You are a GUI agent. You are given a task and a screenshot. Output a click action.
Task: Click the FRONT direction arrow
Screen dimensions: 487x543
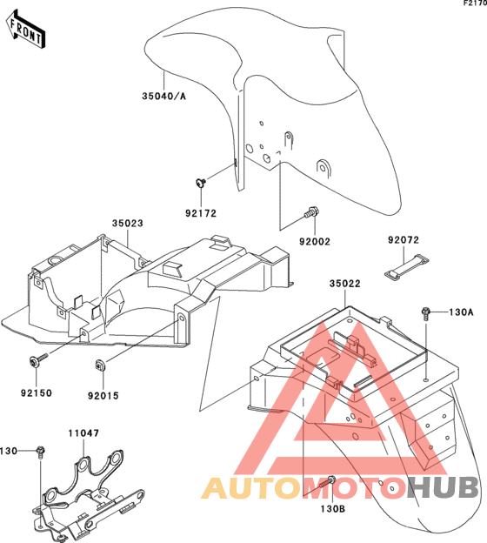click(25, 29)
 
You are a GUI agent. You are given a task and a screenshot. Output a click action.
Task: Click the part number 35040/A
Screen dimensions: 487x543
click(163, 96)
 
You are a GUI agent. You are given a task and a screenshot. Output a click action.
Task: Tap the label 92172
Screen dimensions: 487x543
click(201, 213)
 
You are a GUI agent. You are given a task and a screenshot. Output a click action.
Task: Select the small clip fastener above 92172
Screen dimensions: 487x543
click(201, 182)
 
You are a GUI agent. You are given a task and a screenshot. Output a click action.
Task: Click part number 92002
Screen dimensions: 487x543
click(315, 241)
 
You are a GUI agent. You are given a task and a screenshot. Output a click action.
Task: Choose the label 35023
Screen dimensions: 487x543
click(127, 224)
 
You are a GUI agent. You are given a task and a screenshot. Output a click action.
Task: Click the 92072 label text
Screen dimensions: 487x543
click(404, 239)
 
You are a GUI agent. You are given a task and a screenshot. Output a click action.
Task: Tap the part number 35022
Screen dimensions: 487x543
click(344, 284)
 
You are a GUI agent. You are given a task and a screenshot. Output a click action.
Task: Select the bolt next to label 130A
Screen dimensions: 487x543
click(426, 313)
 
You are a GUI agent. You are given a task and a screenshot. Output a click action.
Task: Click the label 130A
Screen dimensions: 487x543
click(461, 312)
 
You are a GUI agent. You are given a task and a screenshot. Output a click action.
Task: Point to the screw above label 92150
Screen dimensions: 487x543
click(38, 359)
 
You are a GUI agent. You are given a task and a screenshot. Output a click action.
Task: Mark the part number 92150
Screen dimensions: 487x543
click(37, 392)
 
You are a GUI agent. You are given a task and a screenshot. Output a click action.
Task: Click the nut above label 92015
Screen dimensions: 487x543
click(100, 365)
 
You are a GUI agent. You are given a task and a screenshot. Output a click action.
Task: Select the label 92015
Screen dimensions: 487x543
click(103, 395)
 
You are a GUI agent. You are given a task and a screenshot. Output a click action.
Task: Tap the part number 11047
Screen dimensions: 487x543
click(83, 432)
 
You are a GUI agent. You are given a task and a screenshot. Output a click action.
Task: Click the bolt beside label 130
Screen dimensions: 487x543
click(41, 452)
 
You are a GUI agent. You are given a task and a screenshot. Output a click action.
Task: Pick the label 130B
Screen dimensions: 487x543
click(332, 509)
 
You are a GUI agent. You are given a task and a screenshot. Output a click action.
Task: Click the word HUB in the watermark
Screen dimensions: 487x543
click(443, 487)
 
